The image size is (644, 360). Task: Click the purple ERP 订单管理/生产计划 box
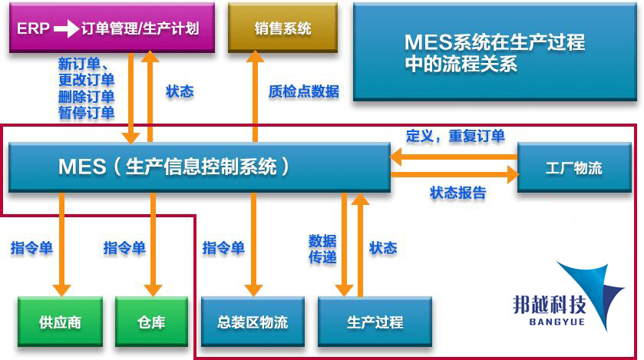click(111, 29)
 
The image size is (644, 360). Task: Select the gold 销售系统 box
click(282, 29)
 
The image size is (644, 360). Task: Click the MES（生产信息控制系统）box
click(199, 167)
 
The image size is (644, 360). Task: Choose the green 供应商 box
click(60, 322)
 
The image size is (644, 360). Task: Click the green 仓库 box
click(151, 322)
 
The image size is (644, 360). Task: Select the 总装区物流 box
click(253, 322)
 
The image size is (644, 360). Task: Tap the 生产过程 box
click(375, 322)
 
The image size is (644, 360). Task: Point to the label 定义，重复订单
click(455, 136)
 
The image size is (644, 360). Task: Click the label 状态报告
click(458, 193)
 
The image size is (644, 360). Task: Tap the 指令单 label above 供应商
click(31, 248)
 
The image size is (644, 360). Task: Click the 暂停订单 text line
click(86, 113)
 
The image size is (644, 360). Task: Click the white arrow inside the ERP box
click(66, 29)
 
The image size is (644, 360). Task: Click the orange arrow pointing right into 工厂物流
click(453, 175)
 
